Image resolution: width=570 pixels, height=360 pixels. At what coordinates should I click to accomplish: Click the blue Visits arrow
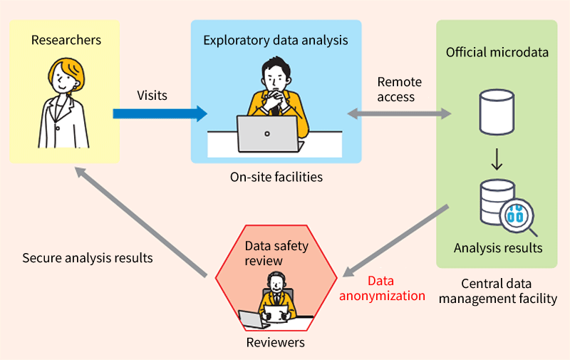click(x=160, y=114)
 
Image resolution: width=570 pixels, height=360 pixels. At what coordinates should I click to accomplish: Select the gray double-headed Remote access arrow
click(x=399, y=114)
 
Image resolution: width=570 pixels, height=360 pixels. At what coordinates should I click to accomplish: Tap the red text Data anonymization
click(x=382, y=289)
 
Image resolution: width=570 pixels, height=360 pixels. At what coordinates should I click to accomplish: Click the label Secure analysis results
click(x=88, y=258)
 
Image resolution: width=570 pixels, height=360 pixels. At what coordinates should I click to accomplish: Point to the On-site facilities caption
click(x=276, y=177)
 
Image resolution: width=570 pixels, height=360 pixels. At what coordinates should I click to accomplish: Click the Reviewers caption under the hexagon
click(x=276, y=342)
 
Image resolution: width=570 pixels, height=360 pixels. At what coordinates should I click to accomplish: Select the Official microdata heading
click(x=497, y=52)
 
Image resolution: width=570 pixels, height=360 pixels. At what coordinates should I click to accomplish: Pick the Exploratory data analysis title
click(x=276, y=41)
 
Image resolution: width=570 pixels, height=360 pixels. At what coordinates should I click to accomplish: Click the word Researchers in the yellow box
click(x=66, y=40)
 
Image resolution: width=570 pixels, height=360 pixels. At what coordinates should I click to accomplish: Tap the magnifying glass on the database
click(x=518, y=217)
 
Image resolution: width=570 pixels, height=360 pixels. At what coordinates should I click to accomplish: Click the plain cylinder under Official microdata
click(x=497, y=112)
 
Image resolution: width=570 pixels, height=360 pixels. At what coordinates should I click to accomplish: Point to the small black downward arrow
click(x=497, y=159)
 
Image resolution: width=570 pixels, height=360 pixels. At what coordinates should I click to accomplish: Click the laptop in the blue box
click(x=270, y=133)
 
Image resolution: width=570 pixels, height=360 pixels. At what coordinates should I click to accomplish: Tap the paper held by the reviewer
click(x=276, y=314)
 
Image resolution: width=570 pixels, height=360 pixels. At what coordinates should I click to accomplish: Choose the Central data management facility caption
click(x=497, y=291)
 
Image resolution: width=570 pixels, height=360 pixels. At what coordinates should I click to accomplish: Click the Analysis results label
click(x=498, y=248)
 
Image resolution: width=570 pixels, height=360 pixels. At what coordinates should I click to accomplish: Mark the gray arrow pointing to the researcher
click(x=141, y=222)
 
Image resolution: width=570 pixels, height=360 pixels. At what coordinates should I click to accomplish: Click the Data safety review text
click(x=276, y=253)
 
